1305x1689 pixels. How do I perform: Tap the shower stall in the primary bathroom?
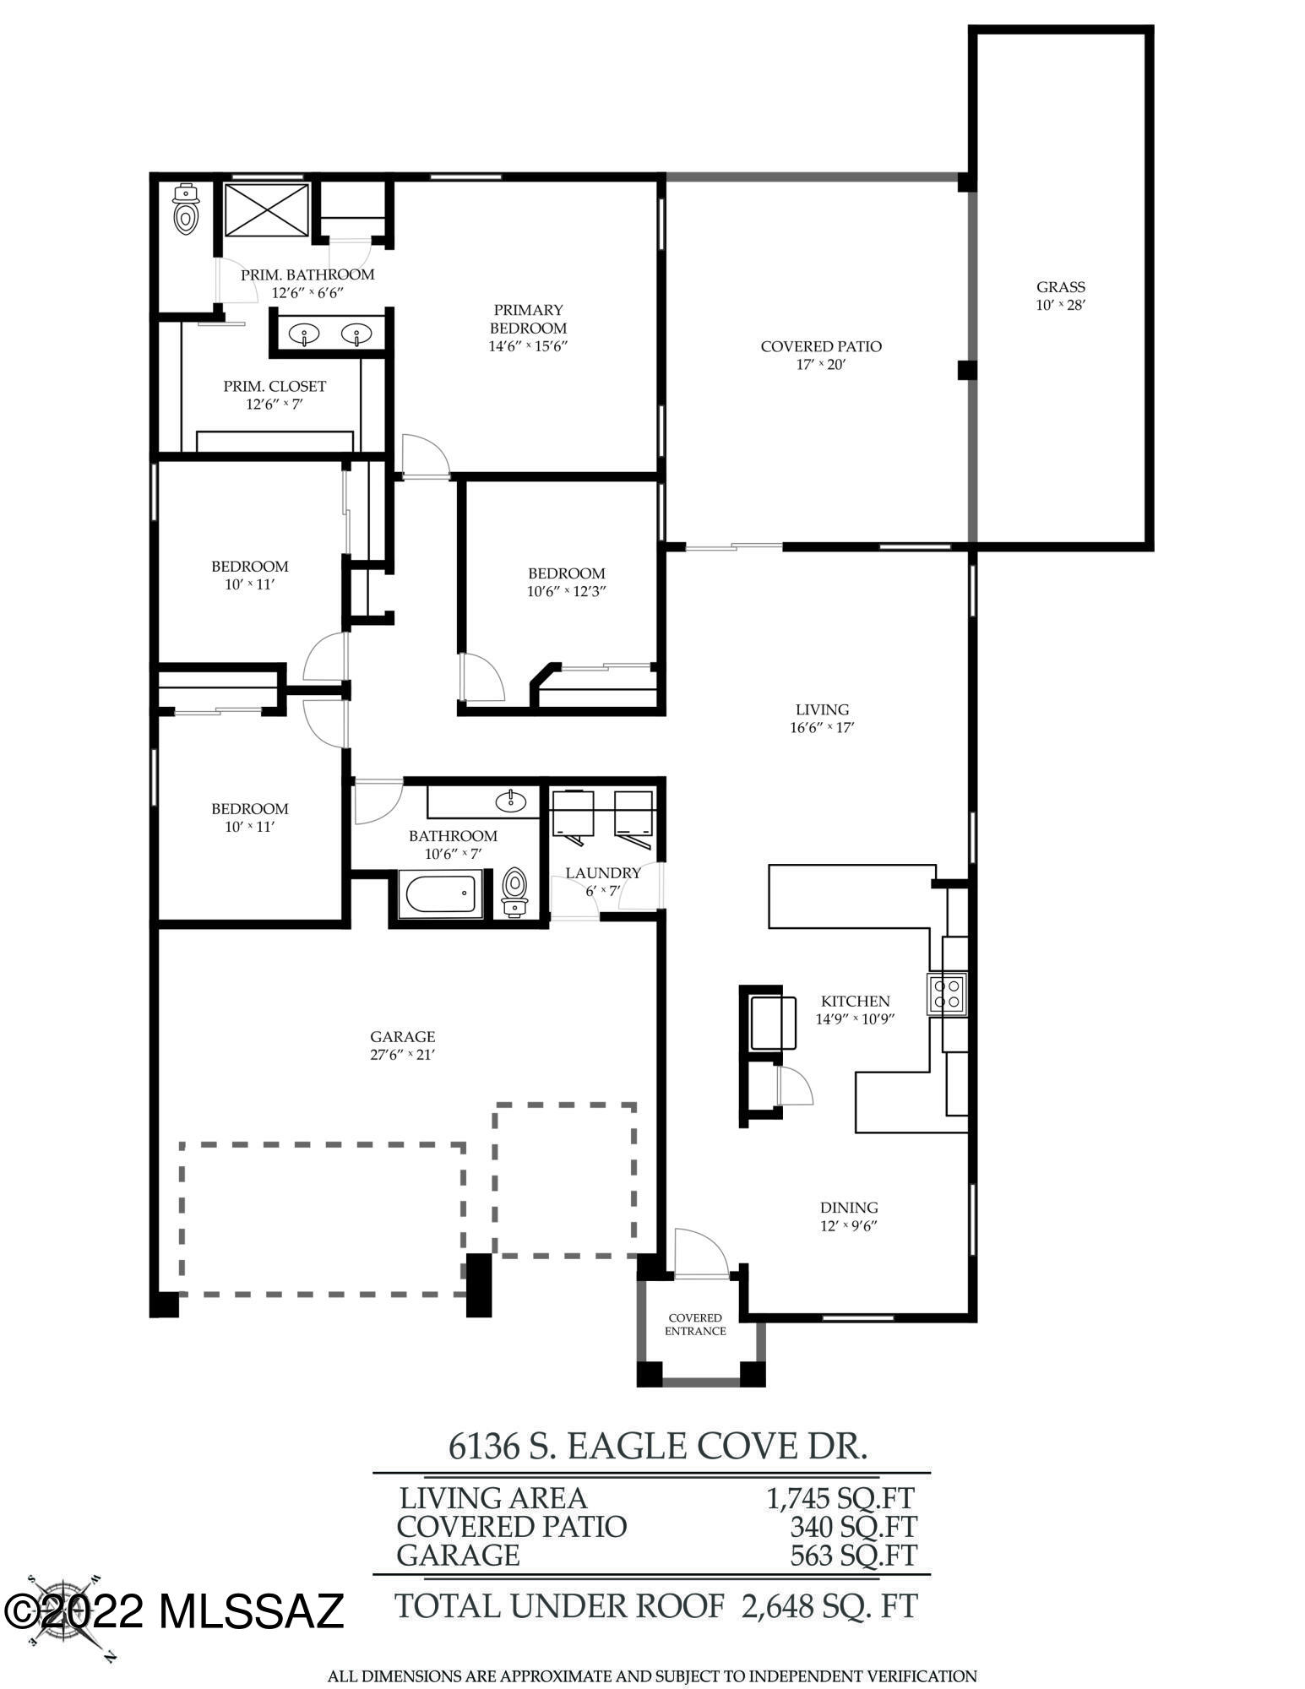[267, 209]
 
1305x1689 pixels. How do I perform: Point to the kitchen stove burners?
[947, 993]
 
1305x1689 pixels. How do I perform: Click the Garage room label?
[402, 1037]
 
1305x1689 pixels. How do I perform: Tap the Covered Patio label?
[821, 346]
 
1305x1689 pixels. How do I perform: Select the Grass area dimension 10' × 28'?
[1060, 305]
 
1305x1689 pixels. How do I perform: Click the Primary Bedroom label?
[528, 319]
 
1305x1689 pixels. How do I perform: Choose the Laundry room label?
[603, 873]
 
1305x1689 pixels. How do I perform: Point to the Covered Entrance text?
[695, 1324]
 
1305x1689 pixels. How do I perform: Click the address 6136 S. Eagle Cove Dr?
[658, 1446]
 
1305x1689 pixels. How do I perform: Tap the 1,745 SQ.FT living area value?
[840, 1498]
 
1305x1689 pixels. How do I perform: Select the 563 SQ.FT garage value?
[853, 1555]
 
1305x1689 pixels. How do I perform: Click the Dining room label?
[849, 1208]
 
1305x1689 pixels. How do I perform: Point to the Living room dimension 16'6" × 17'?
[823, 728]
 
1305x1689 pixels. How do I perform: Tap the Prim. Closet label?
[275, 386]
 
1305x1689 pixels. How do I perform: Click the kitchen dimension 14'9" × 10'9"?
[855, 1018]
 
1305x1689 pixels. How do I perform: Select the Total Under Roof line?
[656, 1606]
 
